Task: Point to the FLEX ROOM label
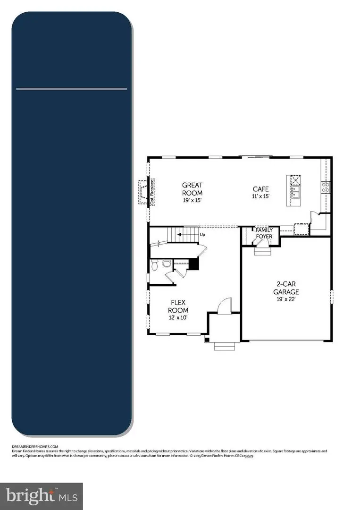pos(178,306)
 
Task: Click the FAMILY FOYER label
pos(264,233)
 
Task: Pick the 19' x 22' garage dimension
pos(288,299)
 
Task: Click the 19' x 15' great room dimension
pos(193,200)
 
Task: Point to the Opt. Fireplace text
pos(152,192)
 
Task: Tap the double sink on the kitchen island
pos(295,191)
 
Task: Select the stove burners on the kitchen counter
pos(325,187)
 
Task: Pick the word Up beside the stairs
pos(202,234)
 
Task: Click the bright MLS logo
pos(41,496)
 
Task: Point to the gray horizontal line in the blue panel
pos(71,89)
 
